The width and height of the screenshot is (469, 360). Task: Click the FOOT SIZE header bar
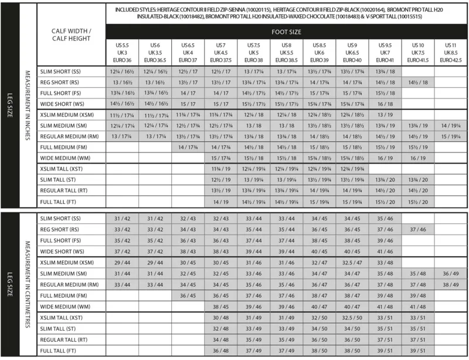tap(287, 32)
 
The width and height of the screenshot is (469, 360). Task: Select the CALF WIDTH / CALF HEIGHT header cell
tap(71, 35)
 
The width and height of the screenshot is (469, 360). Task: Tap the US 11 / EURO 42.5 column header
tap(451, 52)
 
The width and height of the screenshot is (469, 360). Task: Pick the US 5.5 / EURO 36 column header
tap(123, 52)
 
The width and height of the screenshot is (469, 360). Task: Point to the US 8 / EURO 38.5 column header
tap(287, 52)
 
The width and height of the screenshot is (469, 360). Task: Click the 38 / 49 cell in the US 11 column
tap(451, 284)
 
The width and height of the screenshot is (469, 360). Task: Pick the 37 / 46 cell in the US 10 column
tap(419, 229)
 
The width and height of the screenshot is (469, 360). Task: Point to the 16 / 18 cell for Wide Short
tap(385, 102)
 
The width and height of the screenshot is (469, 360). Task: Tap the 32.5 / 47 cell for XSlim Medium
tap(352, 262)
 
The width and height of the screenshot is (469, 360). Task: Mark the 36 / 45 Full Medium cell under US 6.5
tap(188, 296)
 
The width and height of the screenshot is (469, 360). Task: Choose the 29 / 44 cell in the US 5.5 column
tap(123, 262)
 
